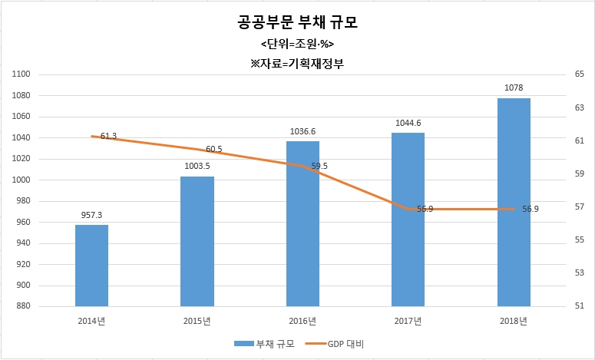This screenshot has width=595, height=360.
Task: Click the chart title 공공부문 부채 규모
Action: point(298,22)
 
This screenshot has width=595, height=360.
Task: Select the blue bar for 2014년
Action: point(91,266)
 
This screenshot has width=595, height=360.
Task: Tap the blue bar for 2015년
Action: point(197,241)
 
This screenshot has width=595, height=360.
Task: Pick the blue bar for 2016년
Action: point(302,224)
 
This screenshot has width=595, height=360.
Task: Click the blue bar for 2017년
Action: point(408,220)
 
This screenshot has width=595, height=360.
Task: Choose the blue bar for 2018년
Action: point(514,202)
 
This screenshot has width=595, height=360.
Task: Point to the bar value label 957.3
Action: point(91,215)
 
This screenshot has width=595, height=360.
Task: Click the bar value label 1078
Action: point(514,88)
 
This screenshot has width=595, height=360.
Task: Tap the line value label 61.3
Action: point(109,136)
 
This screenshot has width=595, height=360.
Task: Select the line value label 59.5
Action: point(319,166)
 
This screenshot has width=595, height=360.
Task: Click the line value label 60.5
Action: point(214,150)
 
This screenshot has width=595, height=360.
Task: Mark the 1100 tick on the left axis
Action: point(22,74)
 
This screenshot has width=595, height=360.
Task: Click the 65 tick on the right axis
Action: point(569,74)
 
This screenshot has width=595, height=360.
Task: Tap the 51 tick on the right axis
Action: point(569,306)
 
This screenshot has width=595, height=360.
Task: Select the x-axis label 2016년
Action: point(302,322)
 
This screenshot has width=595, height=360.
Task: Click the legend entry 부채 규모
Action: point(264,344)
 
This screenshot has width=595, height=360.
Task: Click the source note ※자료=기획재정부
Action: point(297,64)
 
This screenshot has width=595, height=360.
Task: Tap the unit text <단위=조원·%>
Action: point(298,45)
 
